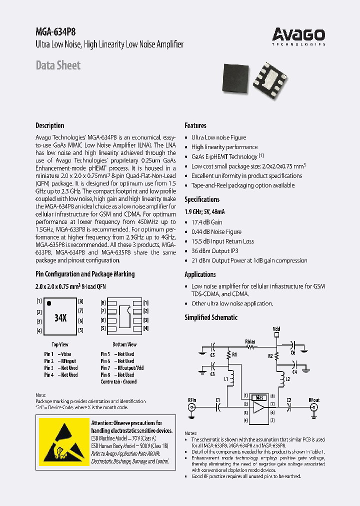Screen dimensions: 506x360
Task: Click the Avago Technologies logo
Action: pyautogui.click(x=298, y=35)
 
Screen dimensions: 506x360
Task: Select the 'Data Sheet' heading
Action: pyautogui.click(x=58, y=65)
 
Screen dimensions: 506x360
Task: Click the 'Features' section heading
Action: pyautogui.click(x=195, y=125)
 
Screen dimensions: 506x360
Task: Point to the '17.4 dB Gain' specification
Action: pyautogui.click(x=207, y=222)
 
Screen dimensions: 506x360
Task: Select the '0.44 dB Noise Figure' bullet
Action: pyautogui.click(x=216, y=231)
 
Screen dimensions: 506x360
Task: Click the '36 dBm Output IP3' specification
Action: pyautogui.click(x=215, y=251)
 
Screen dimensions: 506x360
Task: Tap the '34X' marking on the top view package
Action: pyautogui.click(x=60, y=318)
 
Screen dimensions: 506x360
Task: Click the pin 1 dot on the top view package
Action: pyautogui.click(x=49, y=303)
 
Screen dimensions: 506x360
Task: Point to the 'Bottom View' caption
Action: pyautogui.click(x=124, y=344)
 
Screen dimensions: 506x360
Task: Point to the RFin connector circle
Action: pyautogui.click(x=192, y=407)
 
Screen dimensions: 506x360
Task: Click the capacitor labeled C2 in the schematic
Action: pyautogui.click(x=289, y=407)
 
